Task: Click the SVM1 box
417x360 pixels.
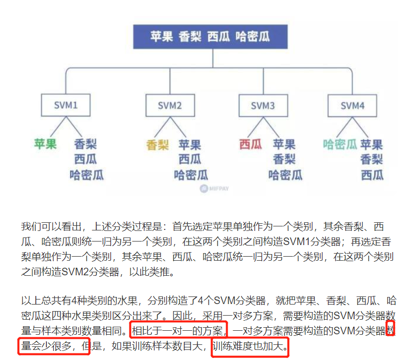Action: [65, 105]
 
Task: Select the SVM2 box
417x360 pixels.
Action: [170, 105]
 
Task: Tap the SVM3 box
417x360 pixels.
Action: [263, 105]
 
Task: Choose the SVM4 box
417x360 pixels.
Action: [352, 105]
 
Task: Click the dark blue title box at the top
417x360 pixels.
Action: [210, 37]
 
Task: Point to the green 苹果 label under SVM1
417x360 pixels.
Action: [45, 144]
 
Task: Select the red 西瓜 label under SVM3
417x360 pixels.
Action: [251, 145]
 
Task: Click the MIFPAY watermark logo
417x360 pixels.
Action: [214, 189]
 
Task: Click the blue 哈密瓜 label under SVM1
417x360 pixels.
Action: [87, 175]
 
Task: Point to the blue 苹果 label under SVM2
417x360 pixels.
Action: [190, 145]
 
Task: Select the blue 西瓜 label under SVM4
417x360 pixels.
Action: [372, 175]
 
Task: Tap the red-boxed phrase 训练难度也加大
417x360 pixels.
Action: [250, 347]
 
